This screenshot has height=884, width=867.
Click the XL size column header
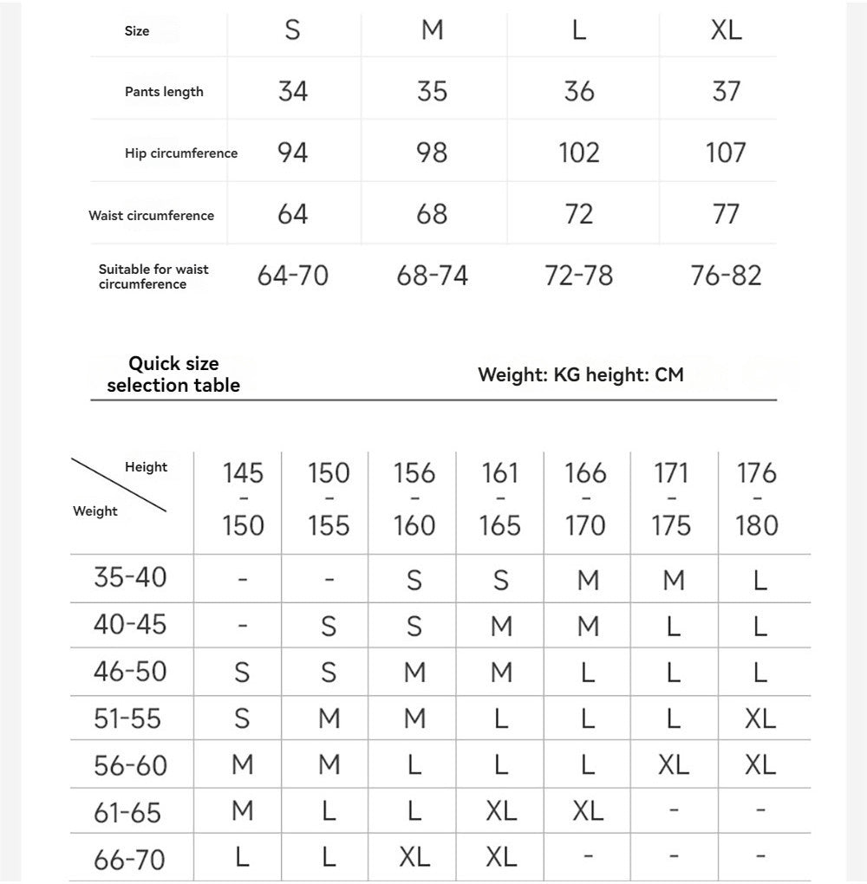(x=726, y=30)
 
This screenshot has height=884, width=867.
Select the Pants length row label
(x=164, y=92)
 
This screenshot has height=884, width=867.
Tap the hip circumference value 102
(x=579, y=153)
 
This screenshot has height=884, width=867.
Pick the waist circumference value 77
(x=726, y=214)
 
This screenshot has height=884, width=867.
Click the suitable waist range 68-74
(x=432, y=276)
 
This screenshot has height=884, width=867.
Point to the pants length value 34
(x=293, y=91)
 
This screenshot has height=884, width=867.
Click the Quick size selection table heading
(x=173, y=374)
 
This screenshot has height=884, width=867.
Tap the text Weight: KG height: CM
(x=580, y=374)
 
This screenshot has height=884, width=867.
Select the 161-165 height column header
(x=500, y=499)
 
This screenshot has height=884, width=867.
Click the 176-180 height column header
(x=757, y=499)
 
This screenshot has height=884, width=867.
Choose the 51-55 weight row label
(x=129, y=718)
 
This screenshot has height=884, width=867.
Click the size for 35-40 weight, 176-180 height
(x=759, y=579)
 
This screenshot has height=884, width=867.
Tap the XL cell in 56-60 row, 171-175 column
(x=673, y=764)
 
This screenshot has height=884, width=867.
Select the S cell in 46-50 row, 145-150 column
(x=242, y=672)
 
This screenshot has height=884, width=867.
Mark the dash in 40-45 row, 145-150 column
(x=243, y=625)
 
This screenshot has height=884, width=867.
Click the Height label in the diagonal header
(x=146, y=467)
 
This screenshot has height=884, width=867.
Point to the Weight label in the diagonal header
(x=95, y=511)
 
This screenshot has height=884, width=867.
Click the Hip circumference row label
(x=180, y=153)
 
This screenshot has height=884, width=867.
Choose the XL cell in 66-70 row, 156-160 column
(x=414, y=858)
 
